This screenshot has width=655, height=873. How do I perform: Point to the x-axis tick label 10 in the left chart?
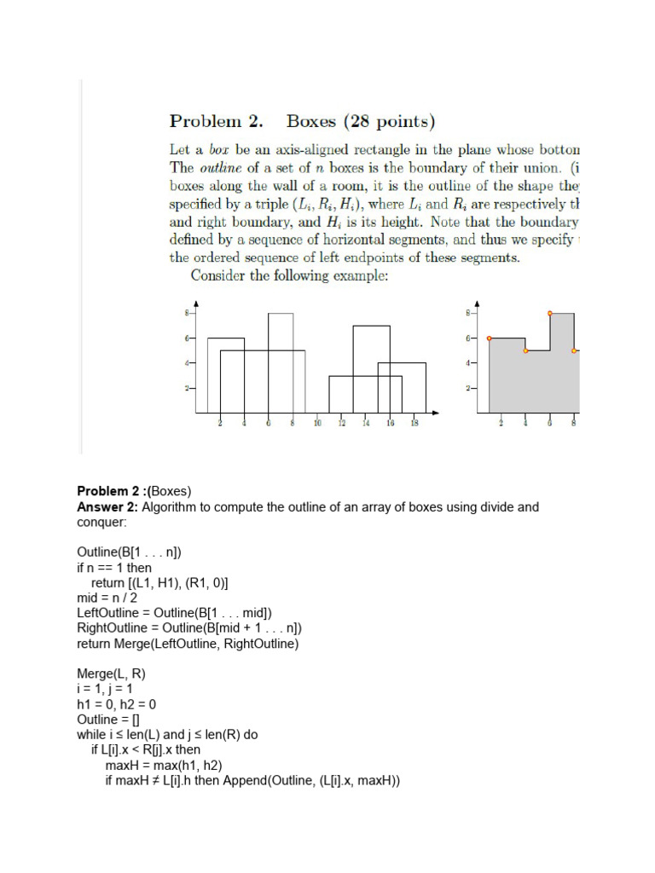317,423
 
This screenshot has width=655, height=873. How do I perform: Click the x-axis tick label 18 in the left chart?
414,423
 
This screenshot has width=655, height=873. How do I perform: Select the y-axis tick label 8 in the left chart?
187,314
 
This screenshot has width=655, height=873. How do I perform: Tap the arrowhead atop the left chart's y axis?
196,304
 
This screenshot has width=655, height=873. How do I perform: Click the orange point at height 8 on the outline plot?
550,314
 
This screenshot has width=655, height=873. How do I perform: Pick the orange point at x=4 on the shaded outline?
525,350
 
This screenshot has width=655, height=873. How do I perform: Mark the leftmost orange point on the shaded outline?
489,338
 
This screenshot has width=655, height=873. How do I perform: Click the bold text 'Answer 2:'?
107,507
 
